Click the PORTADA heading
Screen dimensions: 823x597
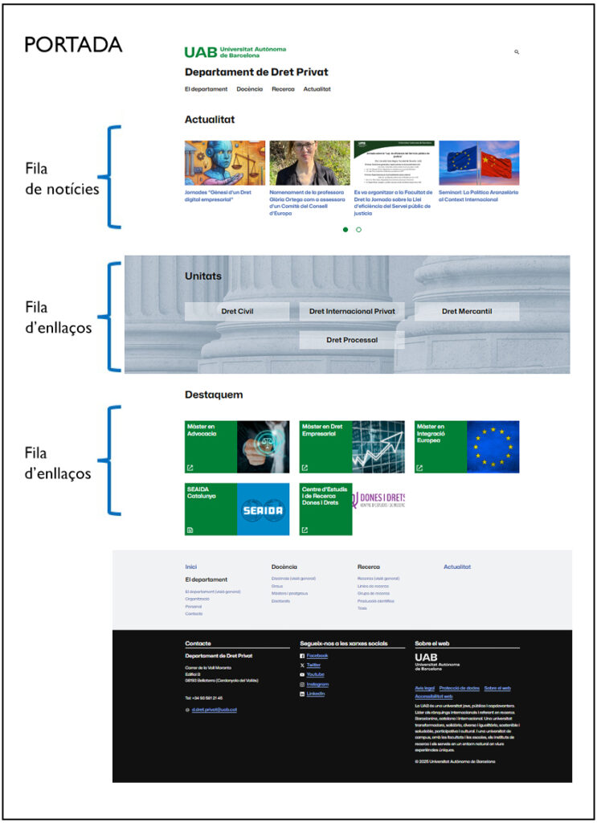click(73, 44)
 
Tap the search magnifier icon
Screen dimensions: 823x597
click(517, 51)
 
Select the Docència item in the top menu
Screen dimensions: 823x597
click(249, 89)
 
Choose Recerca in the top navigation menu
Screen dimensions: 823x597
click(283, 89)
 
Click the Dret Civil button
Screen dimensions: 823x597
click(237, 311)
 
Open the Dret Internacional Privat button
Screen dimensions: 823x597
click(352, 311)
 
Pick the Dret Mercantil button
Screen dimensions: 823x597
click(467, 311)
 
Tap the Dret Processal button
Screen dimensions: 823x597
click(352, 340)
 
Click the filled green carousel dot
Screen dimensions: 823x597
click(346, 230)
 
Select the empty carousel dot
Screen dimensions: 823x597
click(358, 230)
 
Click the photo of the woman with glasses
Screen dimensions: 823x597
click(309, 163)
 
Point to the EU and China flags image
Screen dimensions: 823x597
click(479, 163)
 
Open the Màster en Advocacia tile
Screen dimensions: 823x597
click(237, 447)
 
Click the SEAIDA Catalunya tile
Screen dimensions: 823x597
click(237, 509)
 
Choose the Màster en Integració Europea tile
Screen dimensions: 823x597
click(467, 447)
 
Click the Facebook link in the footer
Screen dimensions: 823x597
click(317, 656)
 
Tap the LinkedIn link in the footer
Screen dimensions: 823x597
click(315, 694)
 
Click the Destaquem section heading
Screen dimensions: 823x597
click(214, 395)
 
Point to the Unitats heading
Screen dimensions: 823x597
click(203, 276)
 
